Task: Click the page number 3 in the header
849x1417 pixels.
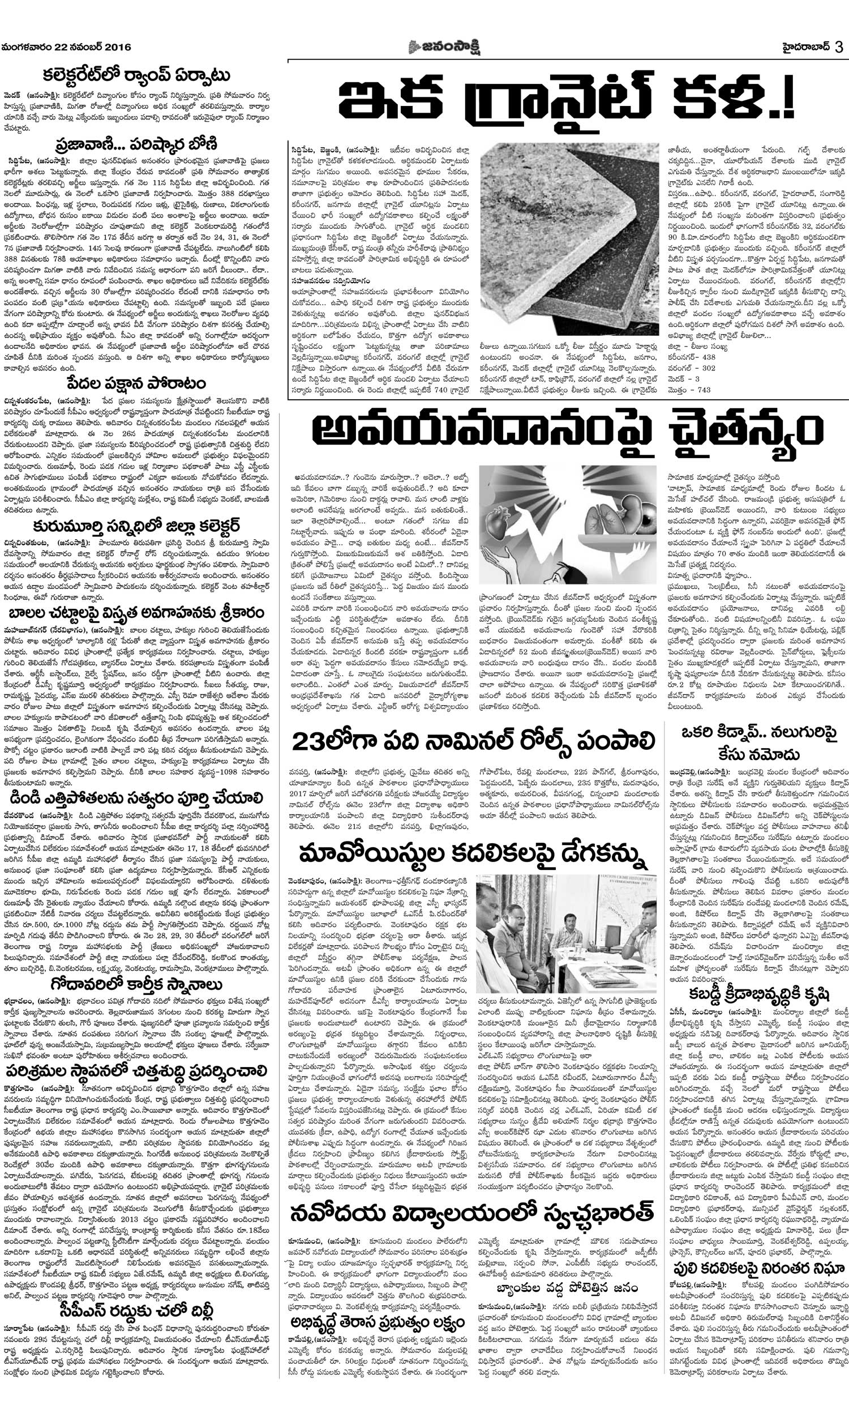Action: pyautogui.click(x=839, y=48)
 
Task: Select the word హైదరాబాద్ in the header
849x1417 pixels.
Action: pyautogui.click(x=804, y=48)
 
